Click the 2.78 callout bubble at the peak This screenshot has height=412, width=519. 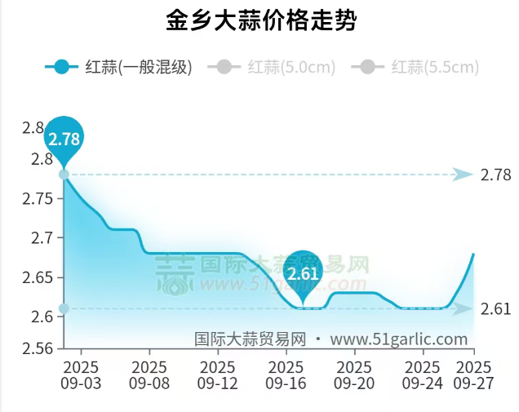click(64, 138)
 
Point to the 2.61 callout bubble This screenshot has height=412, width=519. click(303, 272)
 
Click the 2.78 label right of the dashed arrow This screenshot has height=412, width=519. click(495, 175)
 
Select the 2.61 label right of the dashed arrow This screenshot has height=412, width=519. click(495, 308)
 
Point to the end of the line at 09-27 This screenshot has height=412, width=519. click(473, 254)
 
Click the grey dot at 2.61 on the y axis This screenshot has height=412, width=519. click(64, 308)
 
